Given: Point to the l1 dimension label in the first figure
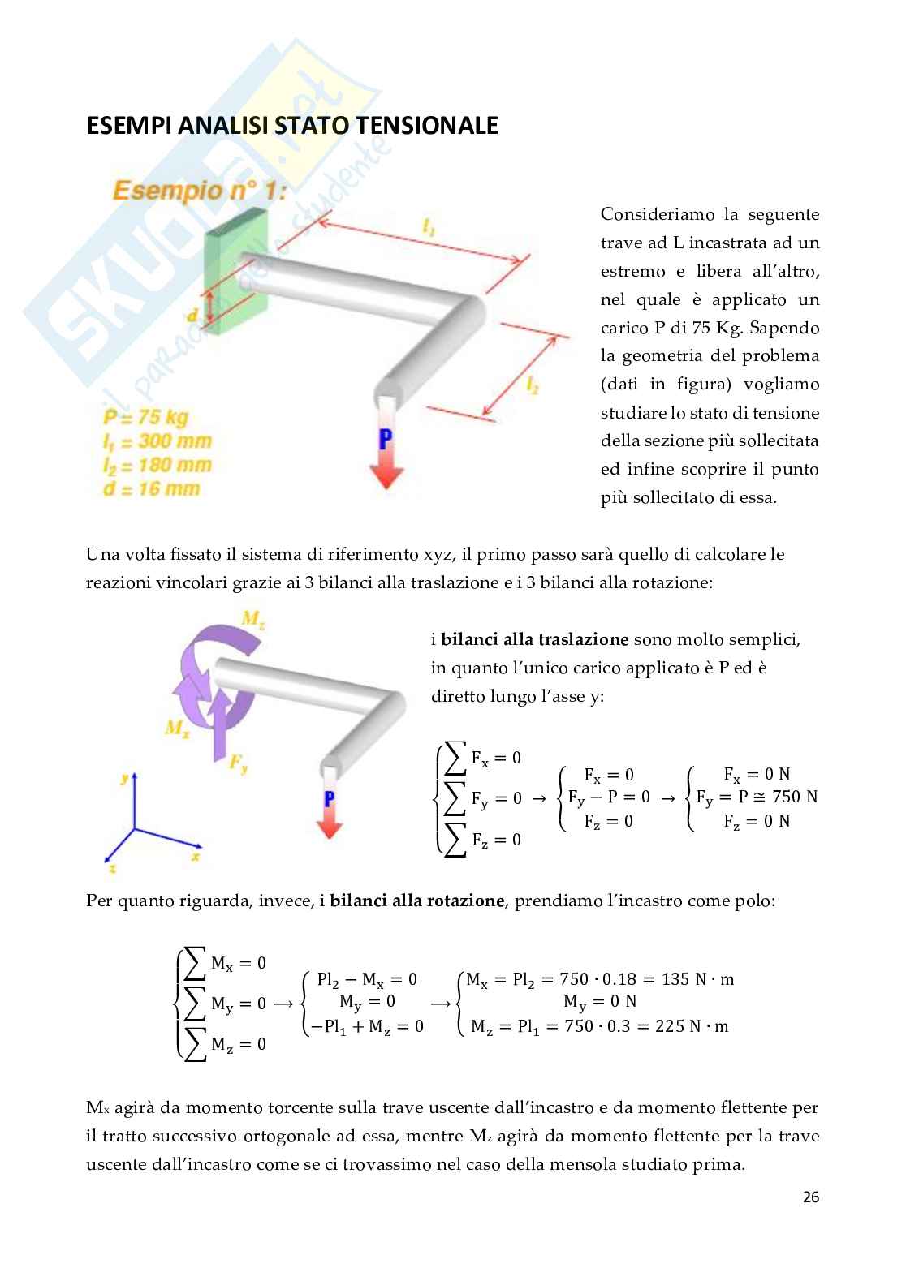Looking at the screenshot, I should (429, 230).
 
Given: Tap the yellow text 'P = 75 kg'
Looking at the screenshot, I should (146, 418).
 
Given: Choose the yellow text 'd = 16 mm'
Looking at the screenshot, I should (151, 488).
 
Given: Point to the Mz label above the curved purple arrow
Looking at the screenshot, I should (253, 620).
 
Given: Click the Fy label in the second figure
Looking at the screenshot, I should (238, 763).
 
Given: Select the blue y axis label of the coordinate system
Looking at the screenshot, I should (124, 777).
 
